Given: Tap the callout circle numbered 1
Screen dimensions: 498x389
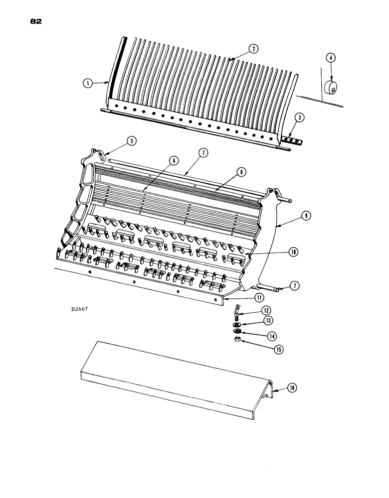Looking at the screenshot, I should coord(88,84).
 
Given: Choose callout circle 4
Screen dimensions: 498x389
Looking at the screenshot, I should coord(330,58).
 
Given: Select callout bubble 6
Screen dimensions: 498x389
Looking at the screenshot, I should coord(173,160).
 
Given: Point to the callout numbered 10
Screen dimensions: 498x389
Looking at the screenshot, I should coord(294,252).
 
